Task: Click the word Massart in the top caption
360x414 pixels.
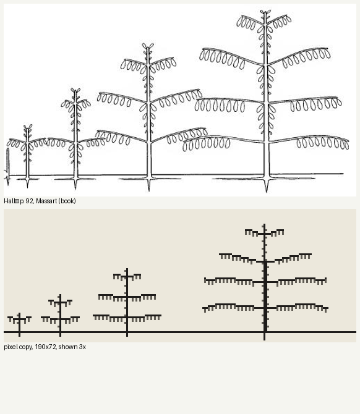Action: click(x=47, y=201)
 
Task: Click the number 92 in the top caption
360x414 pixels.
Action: click(x=29, y=201)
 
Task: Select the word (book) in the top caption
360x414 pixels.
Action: click(x=67, y=201)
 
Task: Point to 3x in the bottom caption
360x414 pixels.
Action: click(x=82, y=347)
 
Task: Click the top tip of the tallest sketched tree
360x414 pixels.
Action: click(x=265, y=11)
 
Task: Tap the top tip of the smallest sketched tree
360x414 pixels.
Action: click(x=28, y=126)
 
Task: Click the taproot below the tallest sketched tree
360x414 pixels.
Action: click(x=267, y=185)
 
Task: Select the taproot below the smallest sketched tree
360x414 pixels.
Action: click(x=27, y=184)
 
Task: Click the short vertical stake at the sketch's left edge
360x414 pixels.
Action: click(x=8, y=167)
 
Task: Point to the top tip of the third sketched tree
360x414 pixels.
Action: click(x=148, y=45)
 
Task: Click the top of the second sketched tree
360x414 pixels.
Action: click(x=75, y=90)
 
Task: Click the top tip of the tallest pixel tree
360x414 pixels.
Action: click(x=264, y=224)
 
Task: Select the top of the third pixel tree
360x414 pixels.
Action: click(x=127, y=269)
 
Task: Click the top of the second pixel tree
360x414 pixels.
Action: click(x=60, y=295)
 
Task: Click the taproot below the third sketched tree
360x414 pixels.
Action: click(x=149, y=185)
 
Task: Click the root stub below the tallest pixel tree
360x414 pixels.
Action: click(x=264, y=337)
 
